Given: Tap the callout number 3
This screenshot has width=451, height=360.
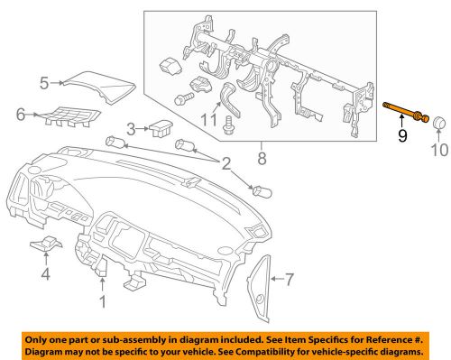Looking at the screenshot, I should pyautogui.click(x=130, y=129).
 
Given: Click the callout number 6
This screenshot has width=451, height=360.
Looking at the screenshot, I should pyautogui.click(x=21, y=114).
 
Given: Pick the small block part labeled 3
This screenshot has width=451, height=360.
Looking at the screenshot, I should pyautogui.click(x=162, y=126).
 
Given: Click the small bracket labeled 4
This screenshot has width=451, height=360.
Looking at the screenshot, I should pyautogui.click(x=47, y=245).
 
